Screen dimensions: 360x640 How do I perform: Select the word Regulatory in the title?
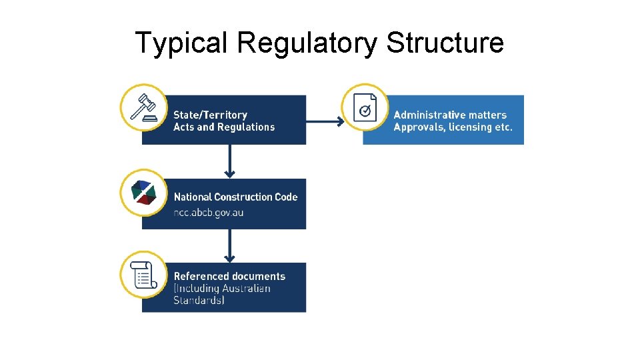coord(307,43)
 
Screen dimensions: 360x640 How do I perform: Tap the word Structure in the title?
coord(445,43)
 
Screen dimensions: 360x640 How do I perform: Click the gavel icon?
coord(143,107)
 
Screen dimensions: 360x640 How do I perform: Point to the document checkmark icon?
coord(365,107)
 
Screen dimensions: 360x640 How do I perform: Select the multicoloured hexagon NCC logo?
coord(143,192)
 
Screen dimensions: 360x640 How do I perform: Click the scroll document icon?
coord(143,275)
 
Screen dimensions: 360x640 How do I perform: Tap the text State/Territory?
coord(210,115)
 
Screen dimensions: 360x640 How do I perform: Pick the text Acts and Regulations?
coord(224,127)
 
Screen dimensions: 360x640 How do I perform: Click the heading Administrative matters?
coord(450,115)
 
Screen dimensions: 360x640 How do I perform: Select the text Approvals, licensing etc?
coord(453,127)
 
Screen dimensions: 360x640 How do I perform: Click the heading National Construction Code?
coord(235,197)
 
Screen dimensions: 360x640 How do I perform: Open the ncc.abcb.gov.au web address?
coord(209,213)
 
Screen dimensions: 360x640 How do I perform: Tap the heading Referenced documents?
coord(229,276)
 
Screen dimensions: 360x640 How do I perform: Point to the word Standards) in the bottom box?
coord(199,301)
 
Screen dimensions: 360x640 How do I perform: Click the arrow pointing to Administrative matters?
coord(325,121)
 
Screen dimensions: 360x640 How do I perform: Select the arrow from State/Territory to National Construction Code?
coord(230,161)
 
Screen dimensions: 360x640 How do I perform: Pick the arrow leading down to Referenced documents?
coord(230,245)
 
